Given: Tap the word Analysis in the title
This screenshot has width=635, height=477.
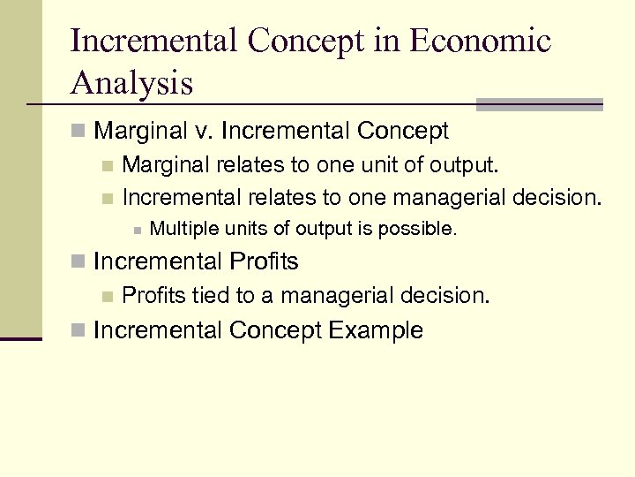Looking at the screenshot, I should click(x=131, y=83).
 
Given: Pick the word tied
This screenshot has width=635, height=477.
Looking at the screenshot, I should click(x=210, y=296).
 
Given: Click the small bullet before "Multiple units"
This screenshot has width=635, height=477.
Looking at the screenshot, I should click(x=136, y=231).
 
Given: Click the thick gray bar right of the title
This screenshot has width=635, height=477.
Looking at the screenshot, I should click(x=539, y=103).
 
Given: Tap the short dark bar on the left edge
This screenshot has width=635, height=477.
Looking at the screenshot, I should click(x=20, y=337).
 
